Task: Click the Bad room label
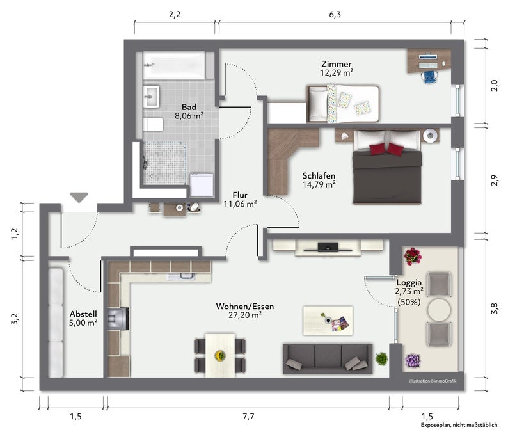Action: pyautogui.click(x=189, y=107)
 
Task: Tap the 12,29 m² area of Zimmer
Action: pyautogui.click(x=337, y=72)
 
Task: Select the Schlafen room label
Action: pyautogui.click(x=319, y=175)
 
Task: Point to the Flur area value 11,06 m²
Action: pyautogui.click(x=240, y=204)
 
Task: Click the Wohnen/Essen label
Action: pyautogui.click(x=245, y=306)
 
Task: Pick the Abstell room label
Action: pyautogui.click(x=83, y=314)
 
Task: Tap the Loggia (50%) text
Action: pyautogui.click(x=409, y=302)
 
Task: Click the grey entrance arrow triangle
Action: pyautogui.click(x=79, y=197)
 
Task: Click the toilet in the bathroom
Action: pyautogui.click(x=153, y=125)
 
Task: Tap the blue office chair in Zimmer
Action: pyautogui.click(x=429, y=76)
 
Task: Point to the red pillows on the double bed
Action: pyautogui.click(x=386, y=149)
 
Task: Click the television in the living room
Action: pyautogui.click(x=328, y=248)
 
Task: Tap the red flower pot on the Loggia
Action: pyautogui.click(x=413, y=257)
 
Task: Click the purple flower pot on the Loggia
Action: pyautogui.click(x=413, y=360)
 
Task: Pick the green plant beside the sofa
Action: pyautogui.click(x=382, y=358)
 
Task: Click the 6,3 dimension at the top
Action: pyautogui.click(x=335, y=15)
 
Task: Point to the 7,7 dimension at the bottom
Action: pyautogui.click(x=248, y=417)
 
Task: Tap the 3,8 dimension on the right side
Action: pyautogui.click(x=495, y=308)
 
